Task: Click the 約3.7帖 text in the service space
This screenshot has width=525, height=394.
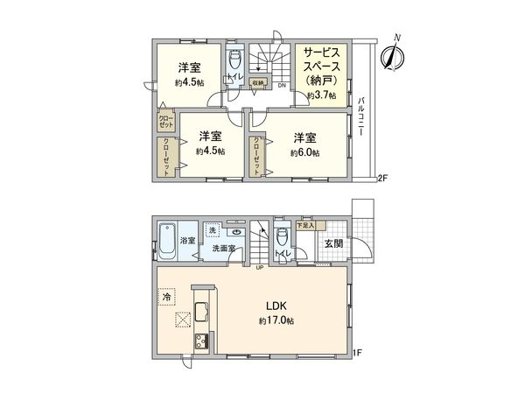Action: pos(321,95)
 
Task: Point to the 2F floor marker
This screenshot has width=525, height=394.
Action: pos(381,179)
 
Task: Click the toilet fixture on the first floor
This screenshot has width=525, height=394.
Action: pos(280,238)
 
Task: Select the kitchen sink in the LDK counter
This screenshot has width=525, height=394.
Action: pos(199,313)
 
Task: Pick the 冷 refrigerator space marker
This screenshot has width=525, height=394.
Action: pos(167,298)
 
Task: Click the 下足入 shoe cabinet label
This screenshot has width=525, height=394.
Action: pos(305,226)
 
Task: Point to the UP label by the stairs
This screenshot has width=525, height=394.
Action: pos(259,268)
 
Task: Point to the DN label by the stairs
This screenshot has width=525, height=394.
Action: pos(281,85)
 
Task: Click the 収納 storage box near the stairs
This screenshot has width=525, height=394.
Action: pos(256,84)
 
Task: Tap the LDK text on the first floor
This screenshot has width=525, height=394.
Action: pos(278,306)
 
